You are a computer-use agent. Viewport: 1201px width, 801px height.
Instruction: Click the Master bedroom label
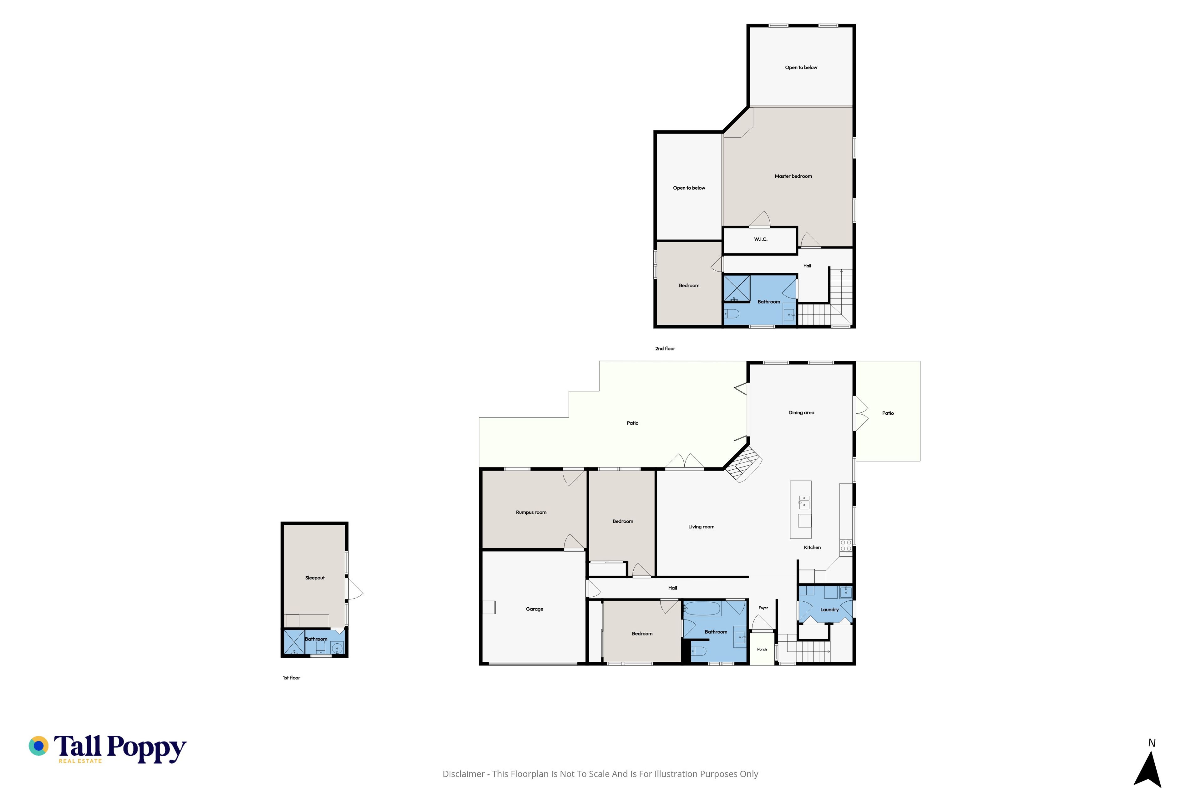(x=793, y=176)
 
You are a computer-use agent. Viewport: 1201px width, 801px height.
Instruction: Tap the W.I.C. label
(x=761, y=239)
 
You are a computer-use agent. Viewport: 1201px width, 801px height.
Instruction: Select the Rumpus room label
(x=531, y=513)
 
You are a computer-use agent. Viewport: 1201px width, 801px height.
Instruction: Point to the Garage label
(x=535, y=609)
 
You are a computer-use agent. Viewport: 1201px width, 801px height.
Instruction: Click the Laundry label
(x=829, y=610)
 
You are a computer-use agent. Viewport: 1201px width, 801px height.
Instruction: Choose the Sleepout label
(x=315, y=578)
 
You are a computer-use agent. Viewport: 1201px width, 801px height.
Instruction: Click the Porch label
(x=762, y=649)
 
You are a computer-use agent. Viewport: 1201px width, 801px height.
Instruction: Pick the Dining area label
(x=801, y=413)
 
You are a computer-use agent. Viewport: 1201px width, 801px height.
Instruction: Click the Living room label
(x=701, y=527)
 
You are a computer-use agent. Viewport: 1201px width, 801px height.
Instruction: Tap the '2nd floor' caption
(x=665, y=348)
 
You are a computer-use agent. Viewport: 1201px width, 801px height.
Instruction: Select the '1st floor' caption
(x=291, y=678)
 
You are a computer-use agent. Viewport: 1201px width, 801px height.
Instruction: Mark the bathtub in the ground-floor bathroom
(x=702, y=609)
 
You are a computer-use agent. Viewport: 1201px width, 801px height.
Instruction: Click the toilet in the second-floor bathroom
(x=732, y=313)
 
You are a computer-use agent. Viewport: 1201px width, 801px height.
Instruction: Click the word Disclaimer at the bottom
(x=464, y=774)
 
